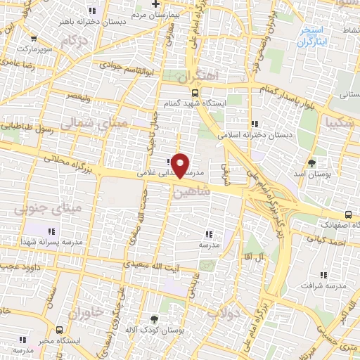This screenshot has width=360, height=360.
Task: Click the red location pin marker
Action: [x=181, y=165]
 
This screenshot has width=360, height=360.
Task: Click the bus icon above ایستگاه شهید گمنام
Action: [x=195, y=91]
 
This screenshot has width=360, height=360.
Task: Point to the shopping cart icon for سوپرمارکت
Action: [x=34, y=39]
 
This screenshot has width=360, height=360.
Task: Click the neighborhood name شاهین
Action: [x=195, y=191]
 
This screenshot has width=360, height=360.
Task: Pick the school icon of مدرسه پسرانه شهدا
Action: [x=51, y=231]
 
